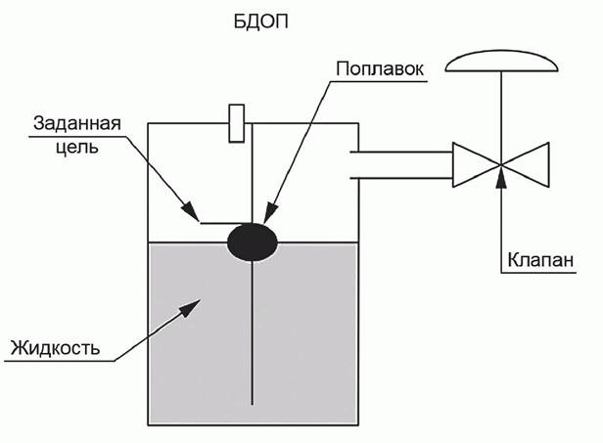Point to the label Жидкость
55,348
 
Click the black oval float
253,240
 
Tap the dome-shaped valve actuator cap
500,64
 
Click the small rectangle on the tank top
236,122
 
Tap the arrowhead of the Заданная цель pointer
195,215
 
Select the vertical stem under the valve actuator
500,112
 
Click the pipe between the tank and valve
401,165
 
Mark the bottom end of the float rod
253,401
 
